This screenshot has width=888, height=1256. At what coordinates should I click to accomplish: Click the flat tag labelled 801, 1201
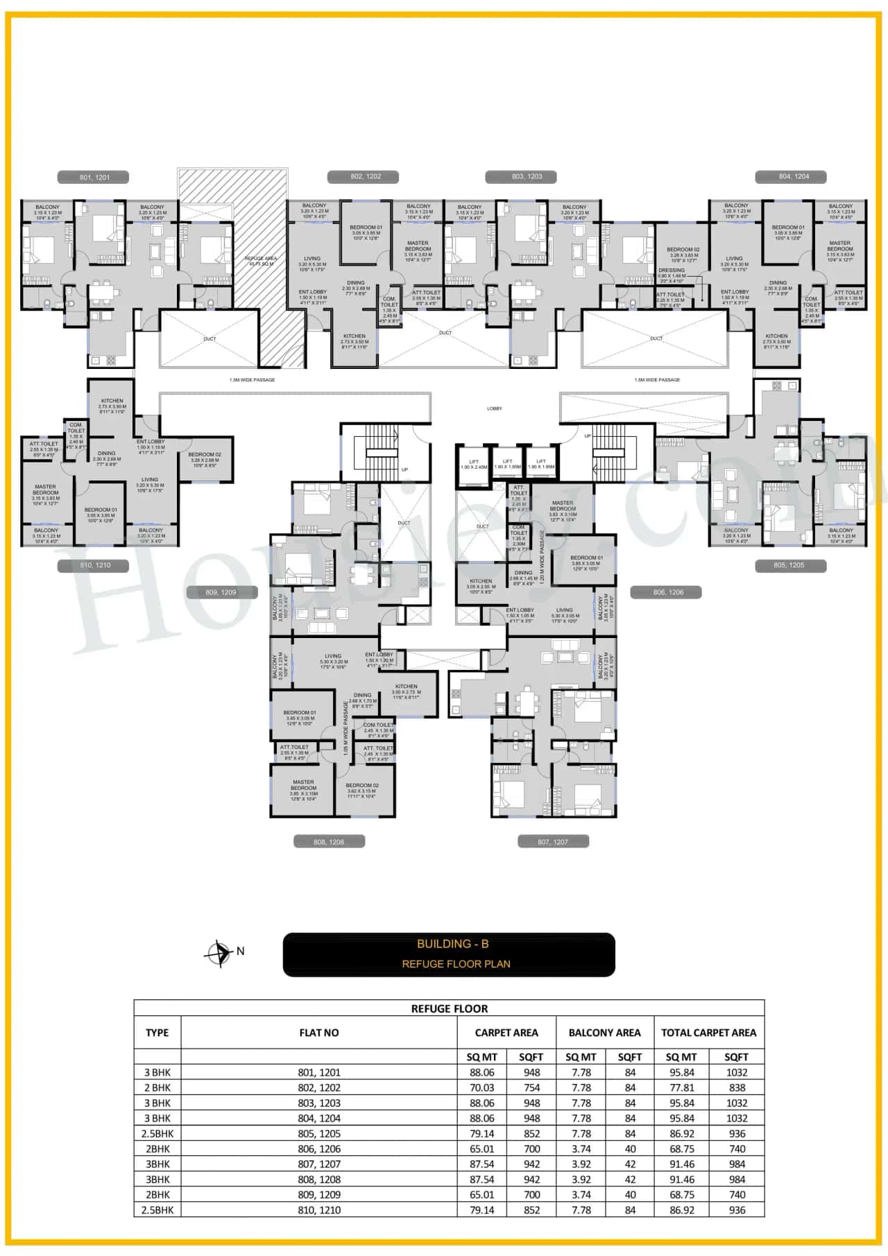click(x=94, y=178)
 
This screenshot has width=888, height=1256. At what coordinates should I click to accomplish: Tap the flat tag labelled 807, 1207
click(x=553, y=842)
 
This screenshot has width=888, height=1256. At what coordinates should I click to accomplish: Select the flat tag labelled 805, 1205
click(x=789, y=565)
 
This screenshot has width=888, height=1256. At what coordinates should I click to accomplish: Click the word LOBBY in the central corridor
click(x=494, y=408)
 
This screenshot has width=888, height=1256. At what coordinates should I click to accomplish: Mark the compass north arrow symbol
click(x=219, y=954)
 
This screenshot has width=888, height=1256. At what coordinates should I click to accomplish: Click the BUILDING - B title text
click(x=452, y=944)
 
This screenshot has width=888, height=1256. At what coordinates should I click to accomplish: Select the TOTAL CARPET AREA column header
click(x=708, y=1033)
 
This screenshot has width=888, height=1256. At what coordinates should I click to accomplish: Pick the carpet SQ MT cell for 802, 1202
click(x=481, y=1087)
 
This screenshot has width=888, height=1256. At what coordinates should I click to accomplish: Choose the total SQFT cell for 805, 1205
click(x=737, y=1133)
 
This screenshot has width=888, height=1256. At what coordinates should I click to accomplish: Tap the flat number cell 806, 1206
click(x=319, y=1149)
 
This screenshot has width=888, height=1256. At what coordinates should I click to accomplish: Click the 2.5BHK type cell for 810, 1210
click(x=157, y=1210)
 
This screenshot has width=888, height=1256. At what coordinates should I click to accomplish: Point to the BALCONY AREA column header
click(x=604, y=1033)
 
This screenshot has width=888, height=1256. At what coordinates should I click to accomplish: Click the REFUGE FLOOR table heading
click(x=450, y=1008)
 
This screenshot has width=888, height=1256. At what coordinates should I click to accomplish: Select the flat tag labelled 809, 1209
click(x=221, y=592)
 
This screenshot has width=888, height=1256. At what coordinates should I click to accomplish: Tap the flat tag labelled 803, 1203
click(x=527, y=177)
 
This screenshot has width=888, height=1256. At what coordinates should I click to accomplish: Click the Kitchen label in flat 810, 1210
click(x=112, y=401)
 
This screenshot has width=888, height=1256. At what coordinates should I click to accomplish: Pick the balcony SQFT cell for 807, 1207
click(x=630, y=1164)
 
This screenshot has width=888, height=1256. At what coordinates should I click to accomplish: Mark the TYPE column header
click(x=157, y=1033)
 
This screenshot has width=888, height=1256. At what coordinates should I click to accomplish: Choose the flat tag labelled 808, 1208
click(x=329, y=842)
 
